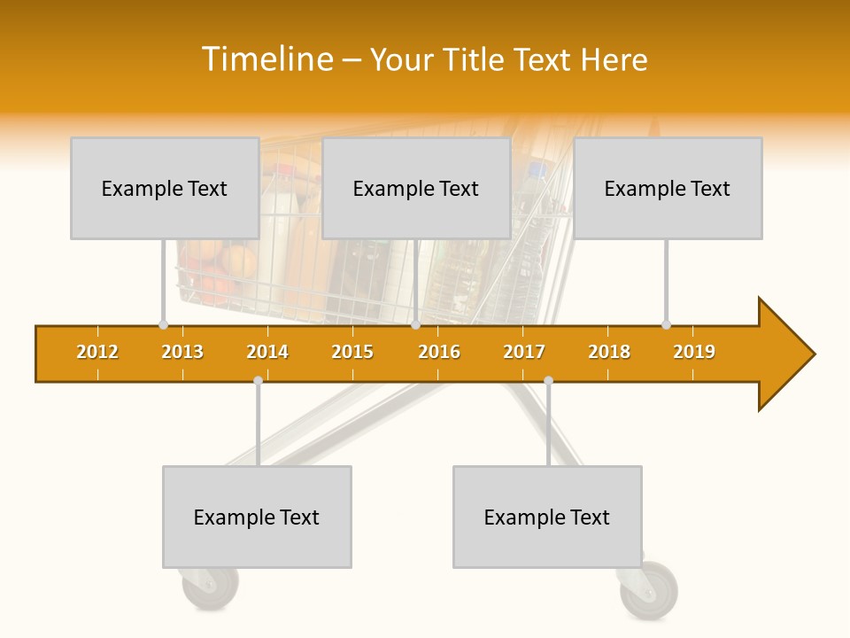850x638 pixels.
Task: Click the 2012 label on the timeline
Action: [97, 352]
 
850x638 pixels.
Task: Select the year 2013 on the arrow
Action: [182, 352]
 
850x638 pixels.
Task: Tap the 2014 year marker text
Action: [267, 352]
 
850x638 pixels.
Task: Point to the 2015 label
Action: [352, 352]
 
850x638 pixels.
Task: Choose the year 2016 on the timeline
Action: [439, 352]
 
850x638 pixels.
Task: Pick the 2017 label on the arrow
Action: [524, 352]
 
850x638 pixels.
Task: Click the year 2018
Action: [609, 352]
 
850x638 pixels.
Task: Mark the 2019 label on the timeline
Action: [694, 352]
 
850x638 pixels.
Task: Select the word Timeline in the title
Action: [267, 59]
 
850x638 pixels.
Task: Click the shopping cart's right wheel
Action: [651, 590]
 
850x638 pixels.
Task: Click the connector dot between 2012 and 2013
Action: [163, 324]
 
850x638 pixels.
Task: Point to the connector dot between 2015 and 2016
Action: [415, 324]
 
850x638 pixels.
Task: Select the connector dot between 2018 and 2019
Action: [666, 324]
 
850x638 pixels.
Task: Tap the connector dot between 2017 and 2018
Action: [548, 381]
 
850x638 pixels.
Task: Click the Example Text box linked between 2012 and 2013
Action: [165, 188]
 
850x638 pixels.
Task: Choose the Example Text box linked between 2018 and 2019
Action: [668, 188]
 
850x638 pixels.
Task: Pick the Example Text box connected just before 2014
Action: [257, 517]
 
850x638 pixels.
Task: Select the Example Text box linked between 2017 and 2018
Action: [547, 517]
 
